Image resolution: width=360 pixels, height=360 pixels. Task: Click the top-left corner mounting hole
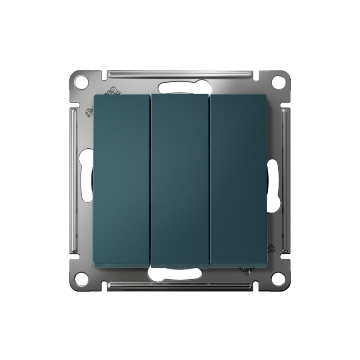point(81,83)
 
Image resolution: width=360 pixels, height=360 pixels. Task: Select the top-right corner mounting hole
point(279,82)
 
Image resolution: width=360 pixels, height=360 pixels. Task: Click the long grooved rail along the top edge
point(180,73)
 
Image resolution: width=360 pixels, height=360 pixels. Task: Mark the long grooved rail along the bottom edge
point(180,287)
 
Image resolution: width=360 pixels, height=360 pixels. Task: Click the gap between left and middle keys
point(150,180)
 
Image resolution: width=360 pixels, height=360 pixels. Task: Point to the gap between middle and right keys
point(210,180)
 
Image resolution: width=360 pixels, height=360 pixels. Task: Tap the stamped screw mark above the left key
point(113,91)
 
